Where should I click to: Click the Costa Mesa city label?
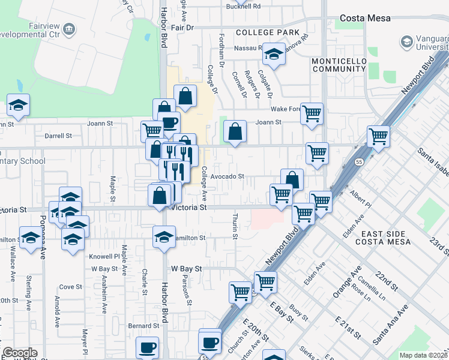tap(365, 18)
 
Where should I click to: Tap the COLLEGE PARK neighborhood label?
tap(267, 32)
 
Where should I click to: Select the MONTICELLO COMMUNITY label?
tap(339, 65)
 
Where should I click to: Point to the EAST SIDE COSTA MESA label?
tap(383, 237)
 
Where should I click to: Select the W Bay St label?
tap(186, 269)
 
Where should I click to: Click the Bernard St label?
tap(143, 326)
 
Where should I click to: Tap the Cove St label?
tap(70, 287)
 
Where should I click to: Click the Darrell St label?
tap(58, 136)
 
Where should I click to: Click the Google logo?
tap(20, 353)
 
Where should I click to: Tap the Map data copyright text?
tap(423, 355)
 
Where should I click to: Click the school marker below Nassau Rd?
tap(274, 55)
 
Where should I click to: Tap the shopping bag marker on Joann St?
tap(235, 131)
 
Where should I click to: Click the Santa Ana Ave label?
tap(391, 324)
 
